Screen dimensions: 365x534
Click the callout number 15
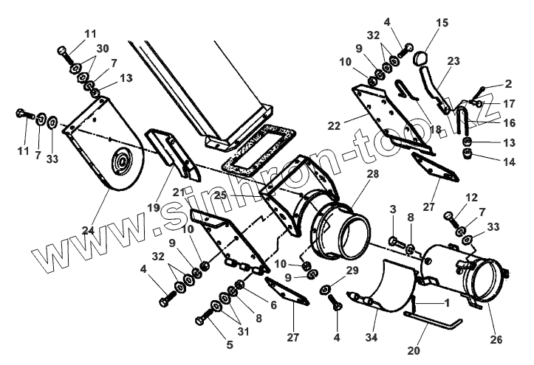tap(441, 23)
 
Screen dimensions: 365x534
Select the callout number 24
tap(89, 231)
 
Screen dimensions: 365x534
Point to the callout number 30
tap(91, 49)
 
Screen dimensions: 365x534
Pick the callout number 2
tap(508, 85)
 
